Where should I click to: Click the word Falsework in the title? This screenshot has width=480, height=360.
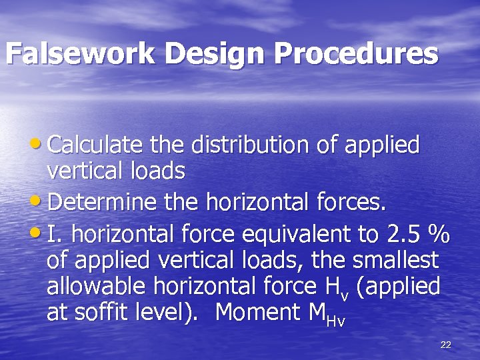[x=81, y=54]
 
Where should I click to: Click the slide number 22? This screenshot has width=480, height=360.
[x=446, y=344]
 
